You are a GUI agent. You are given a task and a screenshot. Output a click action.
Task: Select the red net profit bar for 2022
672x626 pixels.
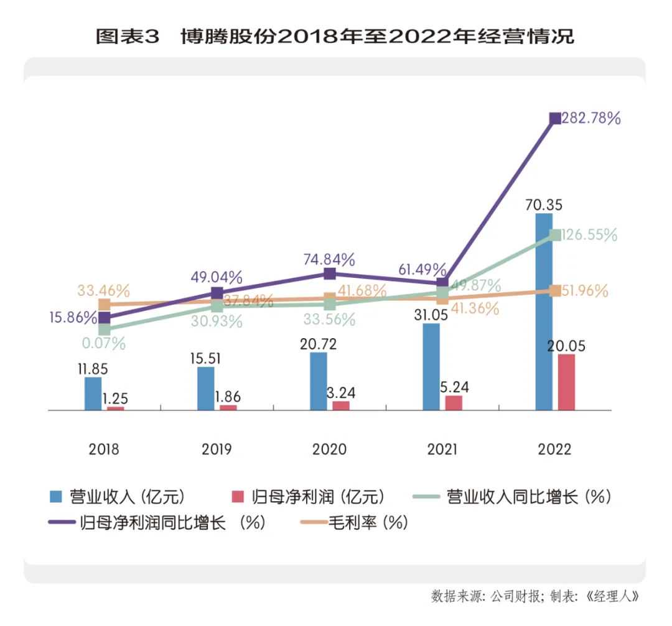pyautogui.click(x=566, y=382)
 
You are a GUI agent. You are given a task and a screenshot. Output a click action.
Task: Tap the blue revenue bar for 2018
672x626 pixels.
pyautogui.click(x=93, y=394)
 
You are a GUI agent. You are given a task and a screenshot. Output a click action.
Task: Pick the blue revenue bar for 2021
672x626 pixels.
pyautogui.click(x=431, y=367)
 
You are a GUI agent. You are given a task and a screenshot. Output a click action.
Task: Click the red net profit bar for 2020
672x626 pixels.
pyautogui.click(x=341, y=406)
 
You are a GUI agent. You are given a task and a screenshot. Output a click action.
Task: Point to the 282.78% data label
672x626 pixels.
pyautogui.click(x=590, y=119)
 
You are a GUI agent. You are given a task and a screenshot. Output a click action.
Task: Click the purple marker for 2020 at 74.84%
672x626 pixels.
pyautogui.click(x=330, y=274)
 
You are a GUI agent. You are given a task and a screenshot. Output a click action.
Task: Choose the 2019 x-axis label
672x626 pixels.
pyautogui.click(x=217, y=449)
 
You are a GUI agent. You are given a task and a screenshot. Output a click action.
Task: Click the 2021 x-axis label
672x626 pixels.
pyautogui.click(x=442, y=449)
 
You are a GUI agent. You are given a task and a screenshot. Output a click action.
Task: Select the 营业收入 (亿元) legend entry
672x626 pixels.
pyautogui.click(x=118, y=497)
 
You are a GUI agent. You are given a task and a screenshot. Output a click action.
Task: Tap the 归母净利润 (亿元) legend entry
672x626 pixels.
pyautogui.click(x=308, y=497)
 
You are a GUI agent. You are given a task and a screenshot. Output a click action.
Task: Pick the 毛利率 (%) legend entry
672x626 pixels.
pyautogui.click(x=355, y=523)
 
